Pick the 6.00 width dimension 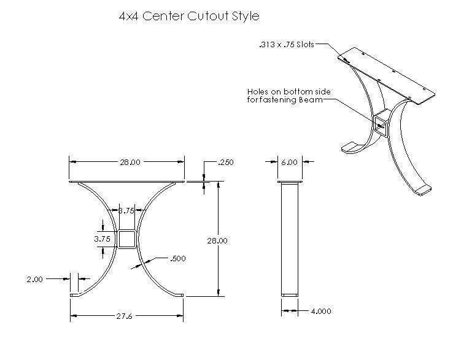[289, 163]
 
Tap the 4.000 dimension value [319, 311]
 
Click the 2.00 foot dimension [35, 279]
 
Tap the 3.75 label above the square [126, 210]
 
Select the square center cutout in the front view [126, 239]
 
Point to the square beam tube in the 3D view [381, 122]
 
